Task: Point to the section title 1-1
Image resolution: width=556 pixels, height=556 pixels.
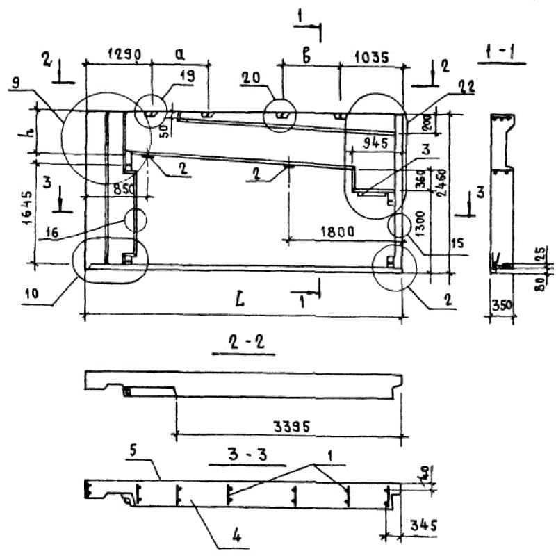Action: point(502,50)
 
